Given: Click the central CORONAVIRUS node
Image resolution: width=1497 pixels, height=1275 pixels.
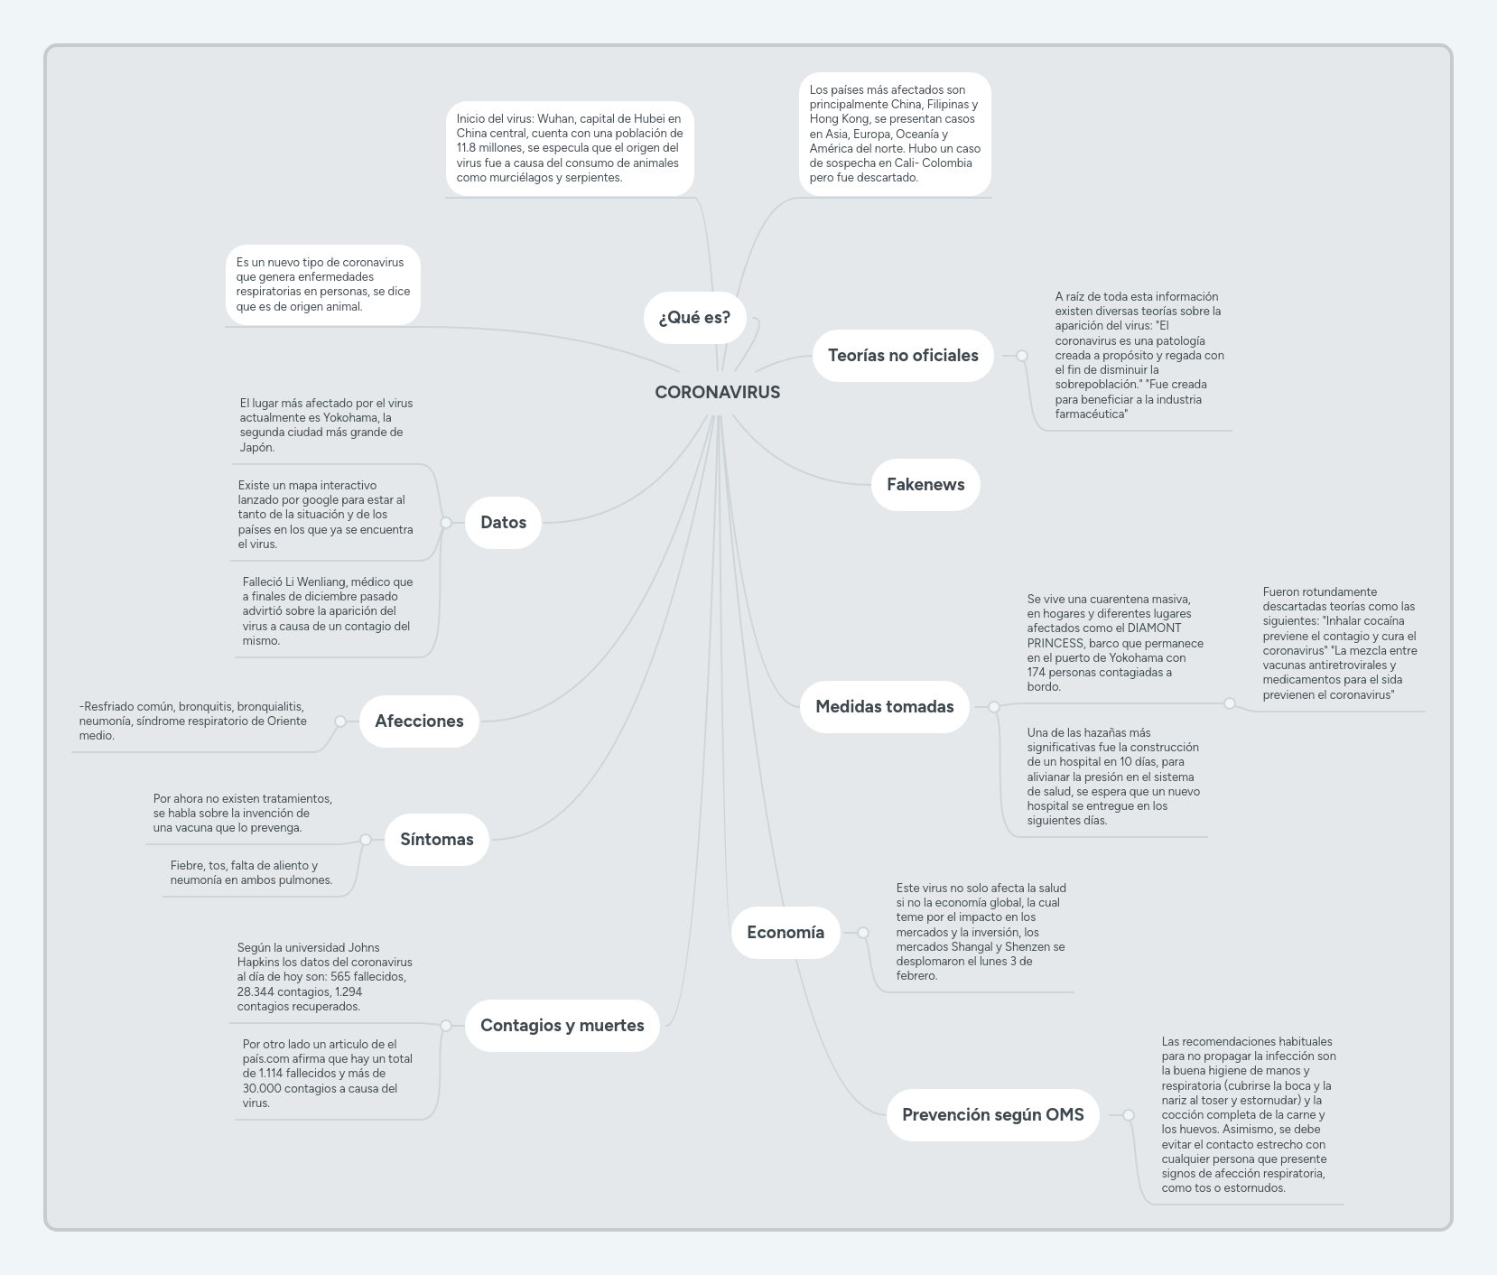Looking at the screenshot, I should [x=717, y=392].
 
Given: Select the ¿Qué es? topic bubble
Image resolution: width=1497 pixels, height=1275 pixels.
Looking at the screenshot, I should [x=694, y=318].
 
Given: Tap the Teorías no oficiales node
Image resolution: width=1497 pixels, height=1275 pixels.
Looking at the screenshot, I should [x=903, y=356].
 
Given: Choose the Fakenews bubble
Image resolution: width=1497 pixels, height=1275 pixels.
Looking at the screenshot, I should [x=925, y=485].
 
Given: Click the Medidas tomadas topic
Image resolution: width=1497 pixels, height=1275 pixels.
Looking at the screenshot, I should [x=884, y=707].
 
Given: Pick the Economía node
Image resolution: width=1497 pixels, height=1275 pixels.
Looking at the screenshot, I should [x=785, y=933].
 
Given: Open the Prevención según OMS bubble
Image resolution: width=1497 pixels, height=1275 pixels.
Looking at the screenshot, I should [x=992, y=1115].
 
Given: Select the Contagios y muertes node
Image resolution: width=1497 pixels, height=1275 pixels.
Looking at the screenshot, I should [x=562, y=1026].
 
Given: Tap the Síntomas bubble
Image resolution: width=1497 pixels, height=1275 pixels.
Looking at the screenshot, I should [x=436, y=840].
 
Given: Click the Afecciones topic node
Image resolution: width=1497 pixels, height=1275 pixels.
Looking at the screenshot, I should [x=419, y=721].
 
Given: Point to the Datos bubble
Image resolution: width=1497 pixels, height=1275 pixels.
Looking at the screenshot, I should [x=503, y=523].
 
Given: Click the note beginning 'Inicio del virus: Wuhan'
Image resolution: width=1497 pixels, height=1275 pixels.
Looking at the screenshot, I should [x=570, y=148].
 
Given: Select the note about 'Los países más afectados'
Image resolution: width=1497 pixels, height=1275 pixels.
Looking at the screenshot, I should [x=895, y=134].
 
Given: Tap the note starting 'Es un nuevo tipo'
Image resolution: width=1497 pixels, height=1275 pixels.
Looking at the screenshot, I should [x=322, y=284].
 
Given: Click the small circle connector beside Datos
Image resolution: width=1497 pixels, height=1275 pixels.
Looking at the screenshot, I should [x=446, y=523].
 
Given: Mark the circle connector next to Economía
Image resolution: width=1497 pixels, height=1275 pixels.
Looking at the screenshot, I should [x=863, y=933].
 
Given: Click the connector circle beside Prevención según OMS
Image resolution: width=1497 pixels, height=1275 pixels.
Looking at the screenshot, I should [x=1129, y=1115].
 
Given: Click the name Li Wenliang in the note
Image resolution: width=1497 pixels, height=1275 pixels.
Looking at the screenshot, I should [x=316, y=582].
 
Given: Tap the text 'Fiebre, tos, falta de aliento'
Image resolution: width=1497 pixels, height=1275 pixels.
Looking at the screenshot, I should [x=244, y=866].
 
